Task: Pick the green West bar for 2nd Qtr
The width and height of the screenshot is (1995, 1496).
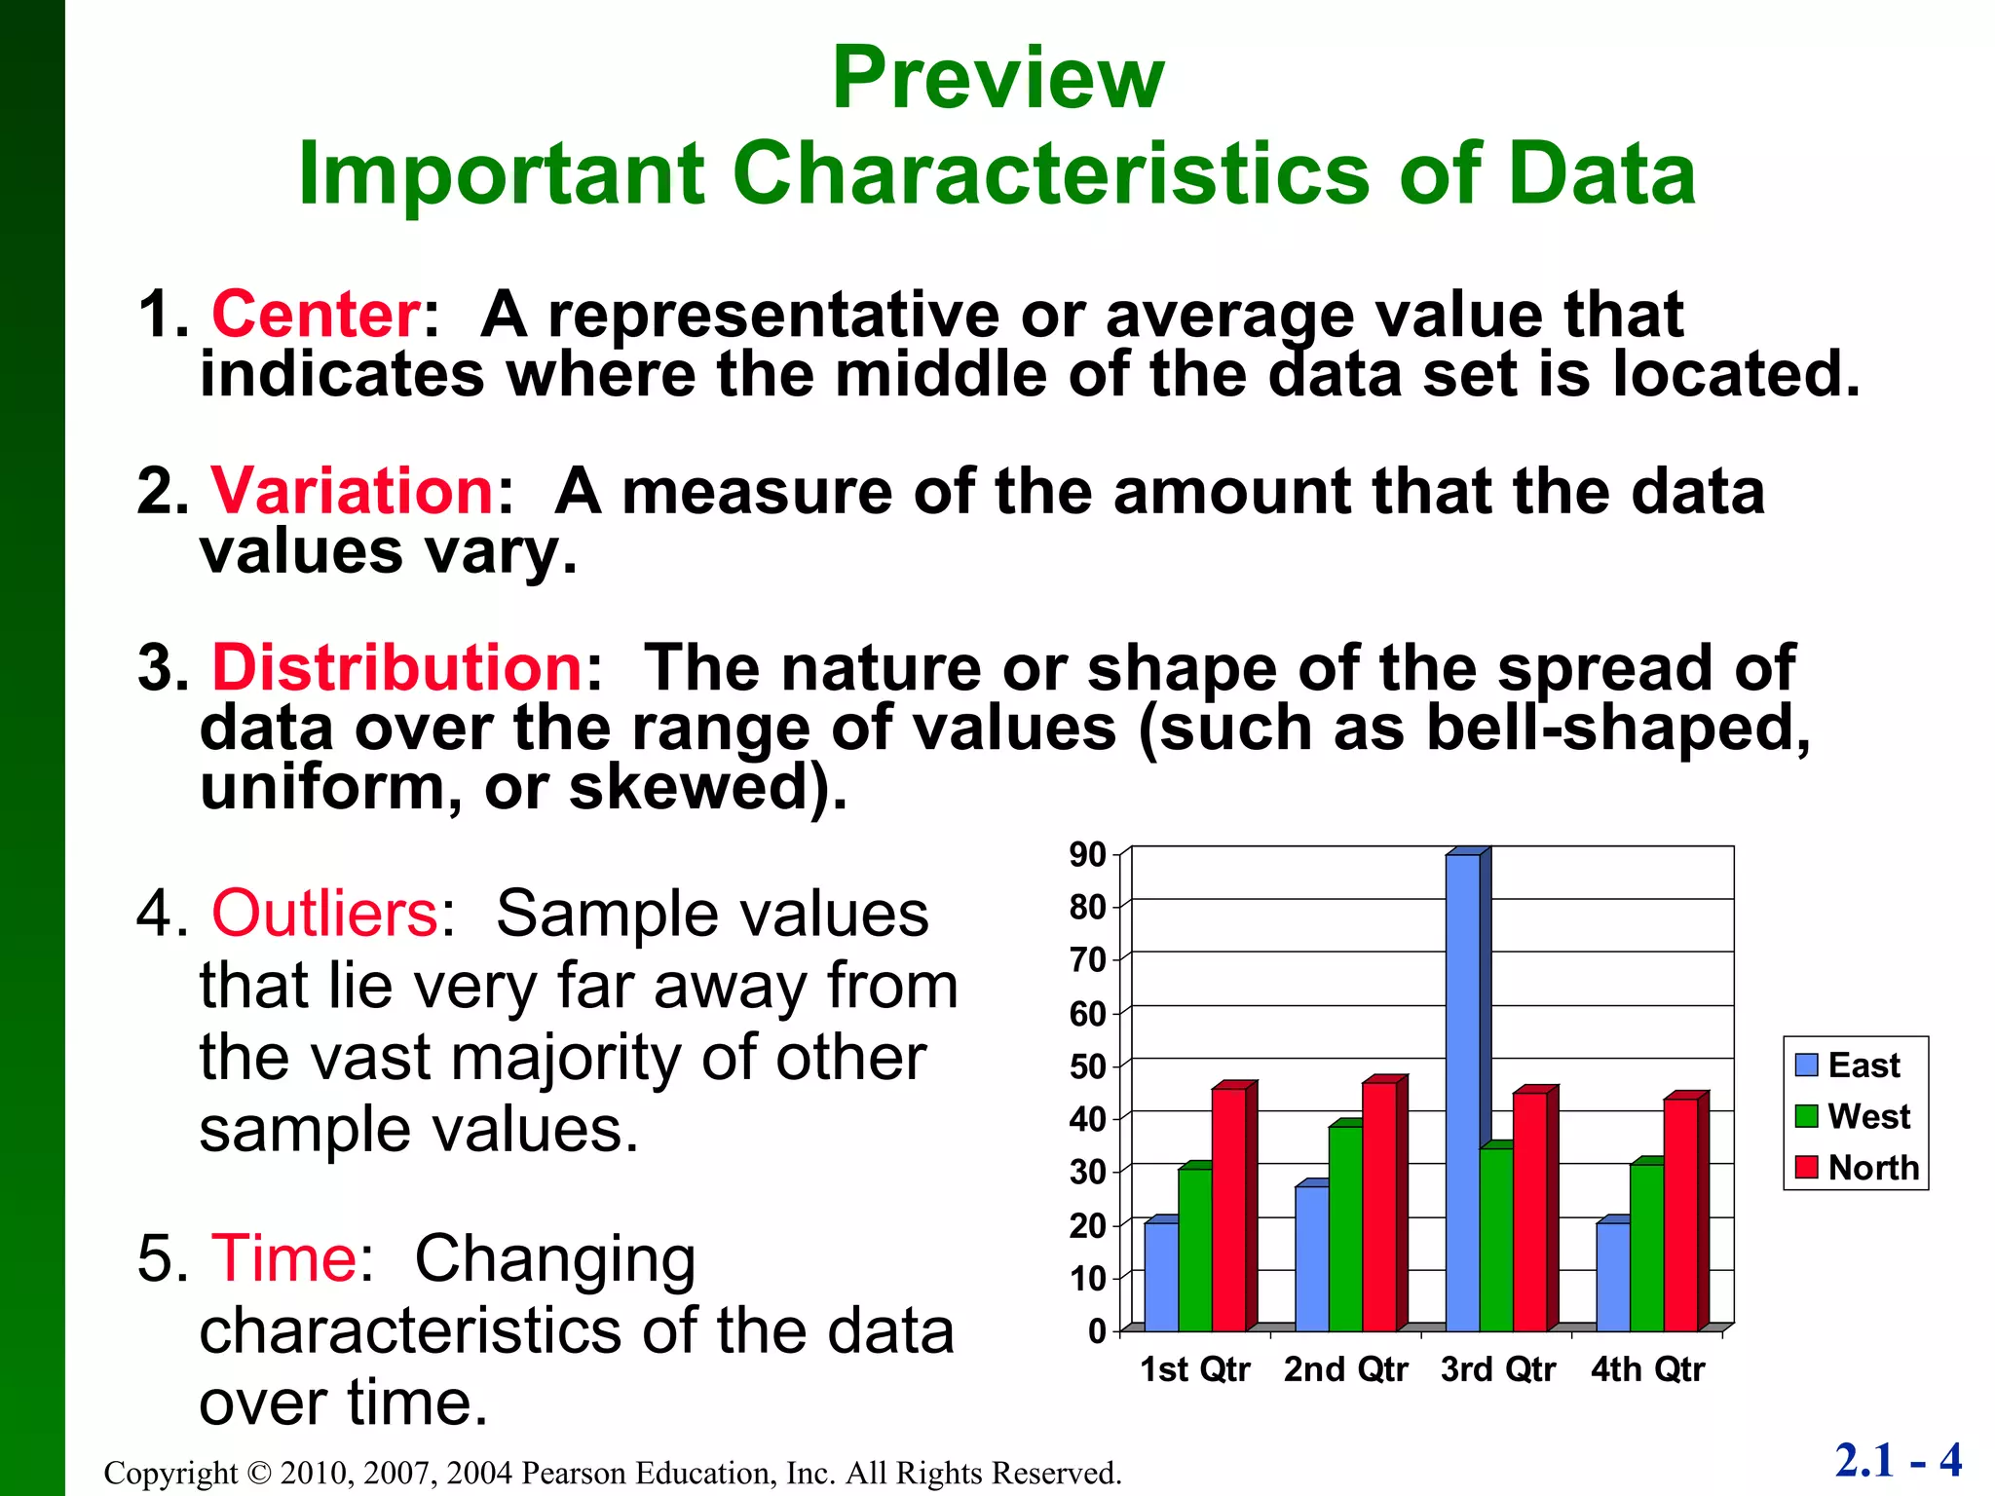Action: pos(1345,1228)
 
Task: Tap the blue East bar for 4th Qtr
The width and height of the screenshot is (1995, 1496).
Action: pos(1613,1277)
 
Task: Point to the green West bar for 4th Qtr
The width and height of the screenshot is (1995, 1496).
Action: pos(1647,1248)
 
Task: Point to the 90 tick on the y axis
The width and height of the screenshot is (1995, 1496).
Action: pos(1088,855)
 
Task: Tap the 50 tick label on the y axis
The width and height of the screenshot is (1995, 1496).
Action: pos(1088,1066)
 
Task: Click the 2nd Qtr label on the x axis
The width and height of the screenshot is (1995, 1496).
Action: pos(1345,1369)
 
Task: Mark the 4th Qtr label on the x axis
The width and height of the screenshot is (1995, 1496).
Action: pos(1648,1369)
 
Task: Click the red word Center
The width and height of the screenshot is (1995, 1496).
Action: pos(316,315)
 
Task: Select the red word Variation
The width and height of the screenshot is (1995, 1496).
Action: pos(353,491)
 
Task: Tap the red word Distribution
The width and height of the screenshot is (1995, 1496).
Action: pos(397,668)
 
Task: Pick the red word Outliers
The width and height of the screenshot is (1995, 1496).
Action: pos(325,914)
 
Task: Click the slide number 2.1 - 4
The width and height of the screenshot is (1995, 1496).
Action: pos(1898,1460)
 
